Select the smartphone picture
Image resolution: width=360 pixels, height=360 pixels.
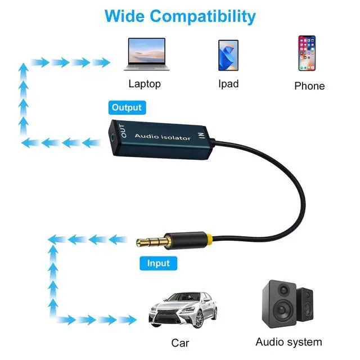pyautogui.click(x=307, y=53)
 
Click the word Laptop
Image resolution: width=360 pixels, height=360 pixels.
pyautogui.click(x=145, y=84)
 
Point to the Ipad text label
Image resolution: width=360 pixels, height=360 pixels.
pyautogui.click(x=228, y=84)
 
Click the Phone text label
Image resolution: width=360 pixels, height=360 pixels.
pyautogui.click(x=309, y=86)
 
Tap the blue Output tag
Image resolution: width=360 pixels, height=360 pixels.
pyautogui.click(x=126, y=107)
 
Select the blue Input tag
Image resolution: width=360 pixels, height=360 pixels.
pyautogui.click(x=158, y=263)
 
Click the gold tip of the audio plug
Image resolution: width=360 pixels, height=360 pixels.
pyautogui.click(x=143, y=243)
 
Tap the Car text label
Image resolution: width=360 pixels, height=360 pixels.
pyautogui.click(x=181, y=343)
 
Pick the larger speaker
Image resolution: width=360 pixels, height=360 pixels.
pyautogui.click(x=280, y=307)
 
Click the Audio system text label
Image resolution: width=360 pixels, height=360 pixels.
pyautogui.click(x=289, y=342)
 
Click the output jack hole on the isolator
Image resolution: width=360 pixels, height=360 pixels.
pyautogui.click(x=119, y=134)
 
